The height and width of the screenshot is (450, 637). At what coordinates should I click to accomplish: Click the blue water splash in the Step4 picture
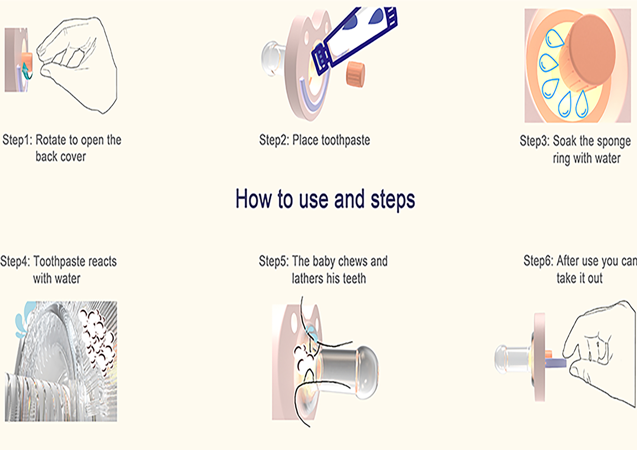click(24, 319)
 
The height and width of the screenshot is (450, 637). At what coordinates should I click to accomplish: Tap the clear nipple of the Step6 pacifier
click(512, 359)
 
